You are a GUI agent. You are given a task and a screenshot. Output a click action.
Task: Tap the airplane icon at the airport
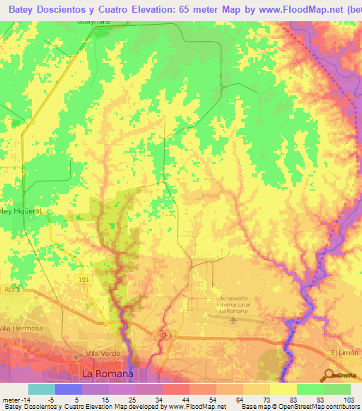[x=233, y=321]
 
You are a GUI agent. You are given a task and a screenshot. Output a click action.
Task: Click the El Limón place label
[x=344, y=352]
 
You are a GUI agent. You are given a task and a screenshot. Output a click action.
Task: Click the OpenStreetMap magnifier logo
[x=328, y=374]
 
